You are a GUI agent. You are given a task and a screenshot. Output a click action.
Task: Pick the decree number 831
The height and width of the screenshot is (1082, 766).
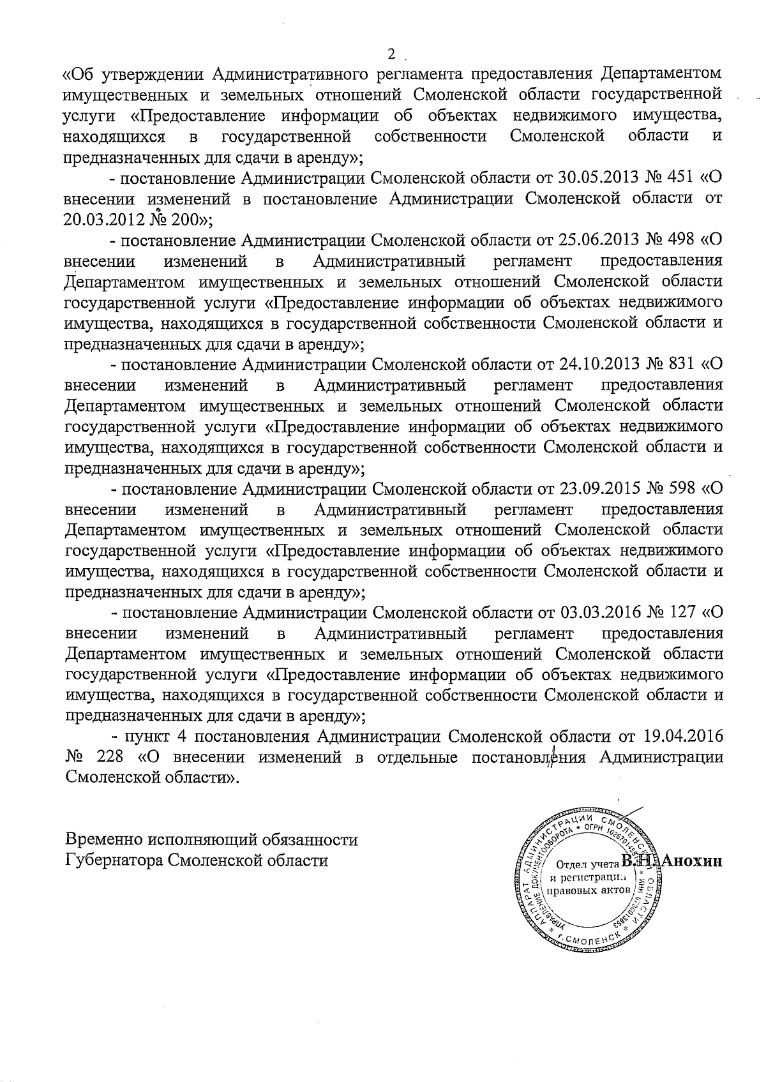click(679, 364)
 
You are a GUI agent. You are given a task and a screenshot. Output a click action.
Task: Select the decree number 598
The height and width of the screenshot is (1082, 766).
click(679, 489)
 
